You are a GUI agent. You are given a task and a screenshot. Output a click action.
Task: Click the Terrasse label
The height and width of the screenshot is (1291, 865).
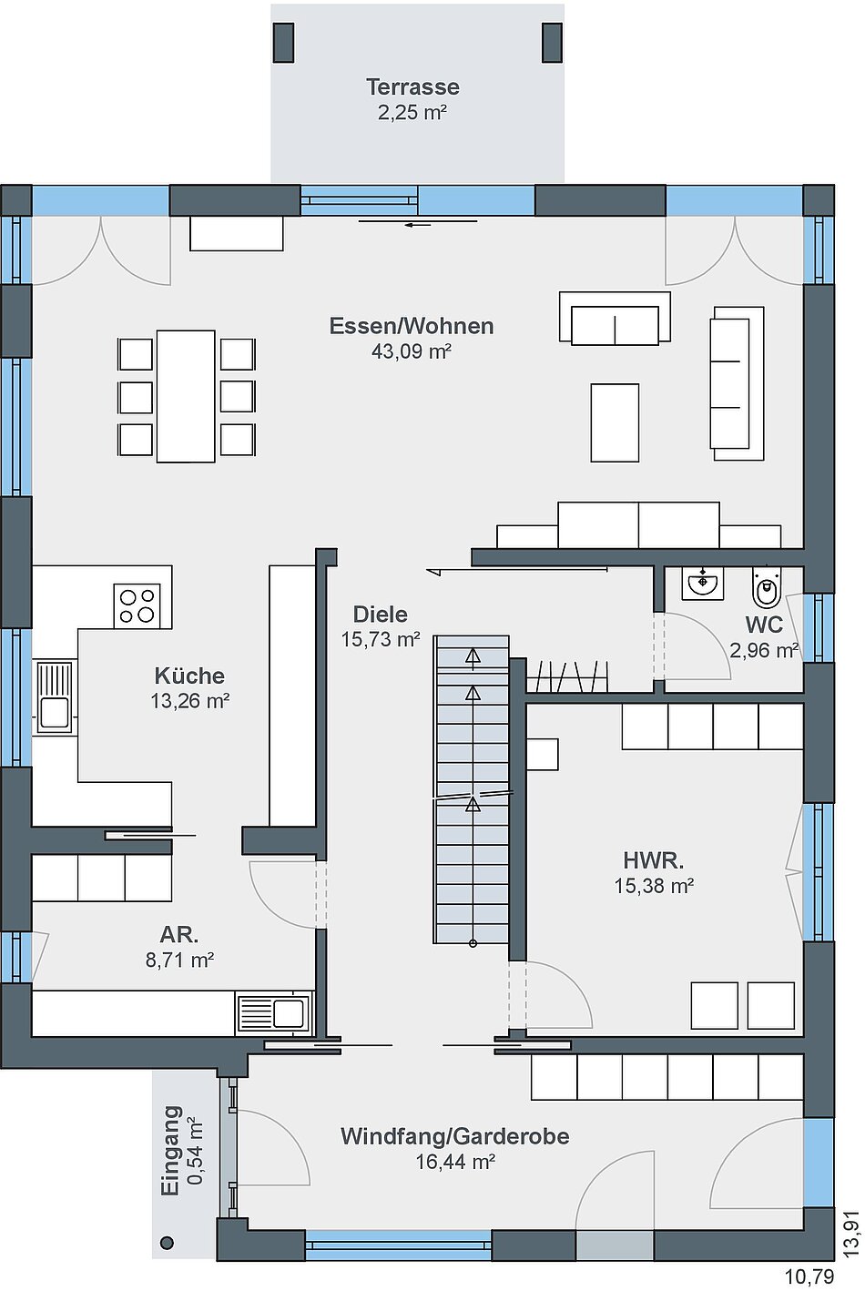412,87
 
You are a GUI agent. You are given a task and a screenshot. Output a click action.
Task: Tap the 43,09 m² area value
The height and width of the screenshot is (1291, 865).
411,351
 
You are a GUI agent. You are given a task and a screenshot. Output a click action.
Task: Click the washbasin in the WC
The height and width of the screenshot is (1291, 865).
702,583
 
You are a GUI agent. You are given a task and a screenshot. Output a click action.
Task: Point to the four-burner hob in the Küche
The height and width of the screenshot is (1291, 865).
137,605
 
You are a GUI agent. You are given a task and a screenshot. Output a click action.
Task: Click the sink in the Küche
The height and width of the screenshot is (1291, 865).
55,697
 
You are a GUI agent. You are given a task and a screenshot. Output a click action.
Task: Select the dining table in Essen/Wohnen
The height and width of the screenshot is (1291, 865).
186,396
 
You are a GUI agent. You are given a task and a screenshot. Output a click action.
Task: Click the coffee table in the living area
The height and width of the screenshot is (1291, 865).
615,422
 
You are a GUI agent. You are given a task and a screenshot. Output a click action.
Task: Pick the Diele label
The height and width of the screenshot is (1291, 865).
380,615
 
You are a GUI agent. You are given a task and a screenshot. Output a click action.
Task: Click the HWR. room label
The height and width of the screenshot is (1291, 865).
654,861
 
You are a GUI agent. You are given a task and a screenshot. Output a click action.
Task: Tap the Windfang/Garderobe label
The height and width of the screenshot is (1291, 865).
454,1136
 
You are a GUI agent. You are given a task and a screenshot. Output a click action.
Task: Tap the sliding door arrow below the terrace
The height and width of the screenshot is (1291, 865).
418,225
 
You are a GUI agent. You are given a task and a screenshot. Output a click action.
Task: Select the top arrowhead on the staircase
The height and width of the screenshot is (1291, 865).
473,656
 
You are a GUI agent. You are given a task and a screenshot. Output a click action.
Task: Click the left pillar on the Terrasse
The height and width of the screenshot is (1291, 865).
283,42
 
